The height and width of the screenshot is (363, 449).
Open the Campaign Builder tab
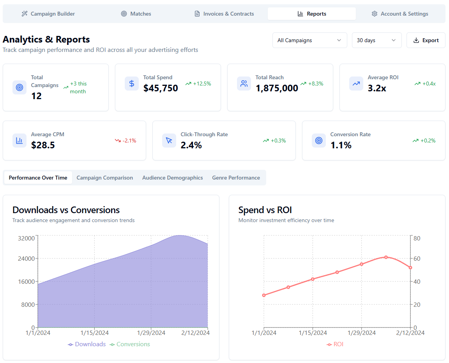pos(48,14)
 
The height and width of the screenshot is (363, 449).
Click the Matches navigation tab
pos(136,14)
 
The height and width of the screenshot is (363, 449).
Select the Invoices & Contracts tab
pos(224,14)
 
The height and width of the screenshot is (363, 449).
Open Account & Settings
pos(400,14)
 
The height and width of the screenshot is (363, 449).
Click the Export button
pos(426,40)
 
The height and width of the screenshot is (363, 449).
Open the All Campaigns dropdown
pos(309,40)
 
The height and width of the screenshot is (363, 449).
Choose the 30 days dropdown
pos(377,40)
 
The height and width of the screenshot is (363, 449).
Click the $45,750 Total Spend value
pos(161,88)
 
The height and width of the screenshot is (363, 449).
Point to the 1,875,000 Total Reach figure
pos(277,88)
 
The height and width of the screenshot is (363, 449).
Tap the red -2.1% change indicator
pos(126,141)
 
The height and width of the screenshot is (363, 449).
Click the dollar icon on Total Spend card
pos(132,84)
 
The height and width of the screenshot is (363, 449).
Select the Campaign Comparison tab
pos(104,178)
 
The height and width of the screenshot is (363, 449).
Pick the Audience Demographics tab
pos(172,178)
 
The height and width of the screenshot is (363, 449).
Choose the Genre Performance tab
pos(236,178)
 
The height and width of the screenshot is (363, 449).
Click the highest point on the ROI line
pos(386,257)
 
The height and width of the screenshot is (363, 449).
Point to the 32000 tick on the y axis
pos(27,238)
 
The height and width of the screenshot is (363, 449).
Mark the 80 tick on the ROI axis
pos(417,238)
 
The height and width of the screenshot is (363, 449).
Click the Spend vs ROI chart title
pos(265,210)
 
